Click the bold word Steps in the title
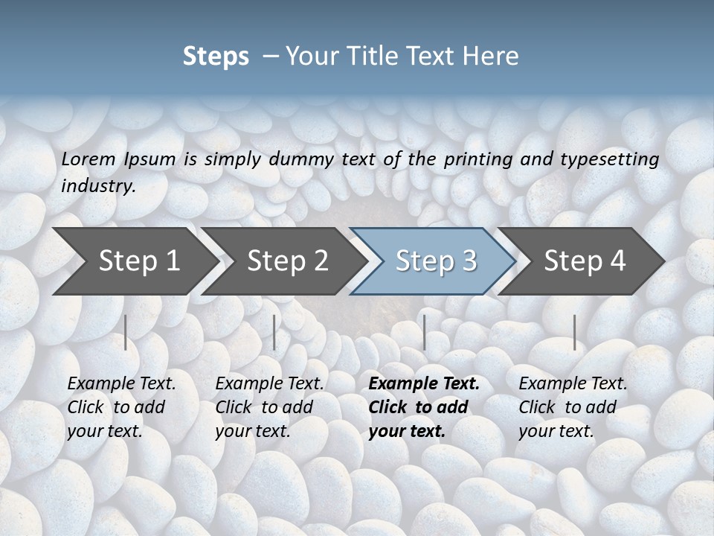pos(216,57)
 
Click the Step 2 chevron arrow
pos(287,261)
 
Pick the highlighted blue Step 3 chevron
pos(434,261)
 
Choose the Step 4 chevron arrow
pos(584,261)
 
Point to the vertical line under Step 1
pos(126,332)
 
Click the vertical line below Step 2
pos(274,332)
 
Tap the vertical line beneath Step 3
pos(424,332)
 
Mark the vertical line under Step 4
pos(574,332)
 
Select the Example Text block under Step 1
pos(121,406)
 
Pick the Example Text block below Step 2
pos(269,406)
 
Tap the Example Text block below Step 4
pos(573,406)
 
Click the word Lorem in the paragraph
pos(88,159)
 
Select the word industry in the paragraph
pos(97,186)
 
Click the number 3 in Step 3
pos(469,261)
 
